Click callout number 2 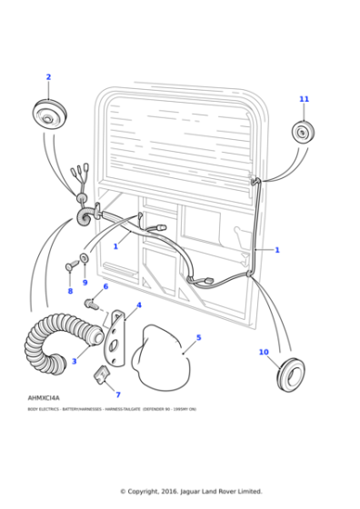(48, 77)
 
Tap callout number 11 (304, 99)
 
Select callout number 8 (70, 292)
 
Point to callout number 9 (85, 283)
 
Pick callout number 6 (105, 286)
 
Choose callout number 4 (139, 305)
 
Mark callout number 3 (74, 361)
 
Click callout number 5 (199, 337)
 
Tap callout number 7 (117, 394)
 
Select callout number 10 (264, 352)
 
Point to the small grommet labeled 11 (303, 132)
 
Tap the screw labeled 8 (70, 266)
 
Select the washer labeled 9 (85, 259)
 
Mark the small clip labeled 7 (103, 374)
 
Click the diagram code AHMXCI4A (44, 398)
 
